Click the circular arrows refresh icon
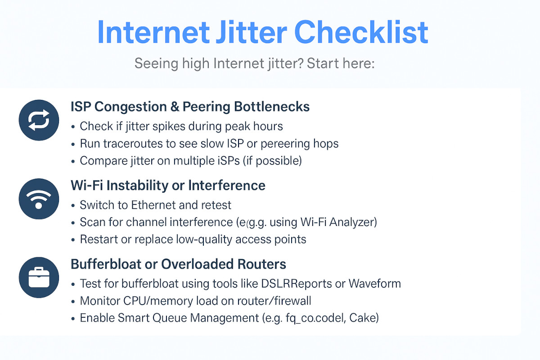tap(39, 120)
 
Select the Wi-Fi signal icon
tap(39, 198)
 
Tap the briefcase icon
tap(39, 278)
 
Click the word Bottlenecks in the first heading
tap(272, 107)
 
